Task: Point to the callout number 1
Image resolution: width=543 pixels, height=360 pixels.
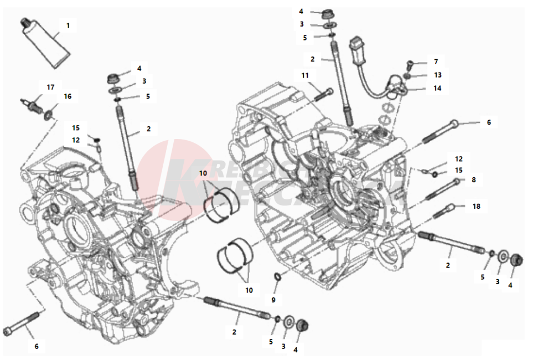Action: [x=68, y=25]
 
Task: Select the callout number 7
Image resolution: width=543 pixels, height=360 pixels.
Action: [x=436, y=61]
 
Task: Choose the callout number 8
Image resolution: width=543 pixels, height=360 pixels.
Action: [x=473, y=180]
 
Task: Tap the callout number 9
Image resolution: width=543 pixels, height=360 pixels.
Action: [x=273, y=300]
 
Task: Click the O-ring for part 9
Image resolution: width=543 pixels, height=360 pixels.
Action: [x=277, y=276]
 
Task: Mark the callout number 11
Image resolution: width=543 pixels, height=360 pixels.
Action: [x=306, y=75]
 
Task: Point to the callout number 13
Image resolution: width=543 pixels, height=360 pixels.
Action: [x=438, y=75]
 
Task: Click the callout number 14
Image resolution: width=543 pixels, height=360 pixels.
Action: [x=437, y=88]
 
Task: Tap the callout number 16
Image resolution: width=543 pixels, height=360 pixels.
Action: [x=68, y=96]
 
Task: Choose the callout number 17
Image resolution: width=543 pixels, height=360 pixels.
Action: [x=50, y=87]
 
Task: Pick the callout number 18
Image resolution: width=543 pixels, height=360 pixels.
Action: [x=477, y=206]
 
